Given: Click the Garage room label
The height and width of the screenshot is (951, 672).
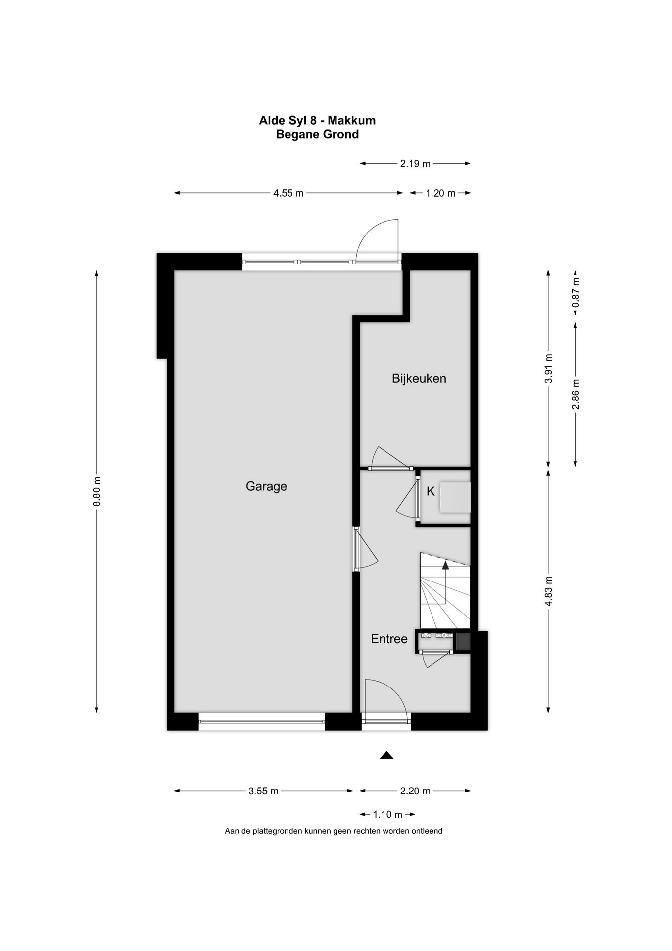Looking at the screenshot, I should click(266, 486).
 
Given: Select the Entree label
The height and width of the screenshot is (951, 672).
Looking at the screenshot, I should click(389, 639).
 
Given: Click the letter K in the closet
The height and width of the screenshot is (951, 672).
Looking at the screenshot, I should click(431, 492).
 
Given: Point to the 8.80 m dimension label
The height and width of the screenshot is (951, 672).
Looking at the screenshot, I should click(97, 491).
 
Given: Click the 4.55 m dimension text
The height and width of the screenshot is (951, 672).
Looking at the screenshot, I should click(288, 193).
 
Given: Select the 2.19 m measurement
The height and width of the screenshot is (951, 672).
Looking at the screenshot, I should click(415, 164).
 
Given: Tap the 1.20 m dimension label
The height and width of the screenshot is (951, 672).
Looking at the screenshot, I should click(440, 193).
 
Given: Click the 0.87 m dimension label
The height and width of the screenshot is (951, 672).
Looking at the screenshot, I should click(576, 296).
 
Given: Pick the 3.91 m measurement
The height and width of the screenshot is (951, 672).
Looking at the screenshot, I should click(548, 369).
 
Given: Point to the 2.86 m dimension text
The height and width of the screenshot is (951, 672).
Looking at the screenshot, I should click(576, 394).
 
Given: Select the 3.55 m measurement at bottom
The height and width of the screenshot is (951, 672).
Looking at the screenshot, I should click(263, 791).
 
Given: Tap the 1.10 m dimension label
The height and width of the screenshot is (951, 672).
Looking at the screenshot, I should click(387, 814).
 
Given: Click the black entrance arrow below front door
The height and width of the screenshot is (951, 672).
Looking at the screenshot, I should click(386, 755).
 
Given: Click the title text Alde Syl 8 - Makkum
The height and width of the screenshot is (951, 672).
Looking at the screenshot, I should click(317, 120).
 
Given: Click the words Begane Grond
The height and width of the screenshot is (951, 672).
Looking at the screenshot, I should click(317, 134).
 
